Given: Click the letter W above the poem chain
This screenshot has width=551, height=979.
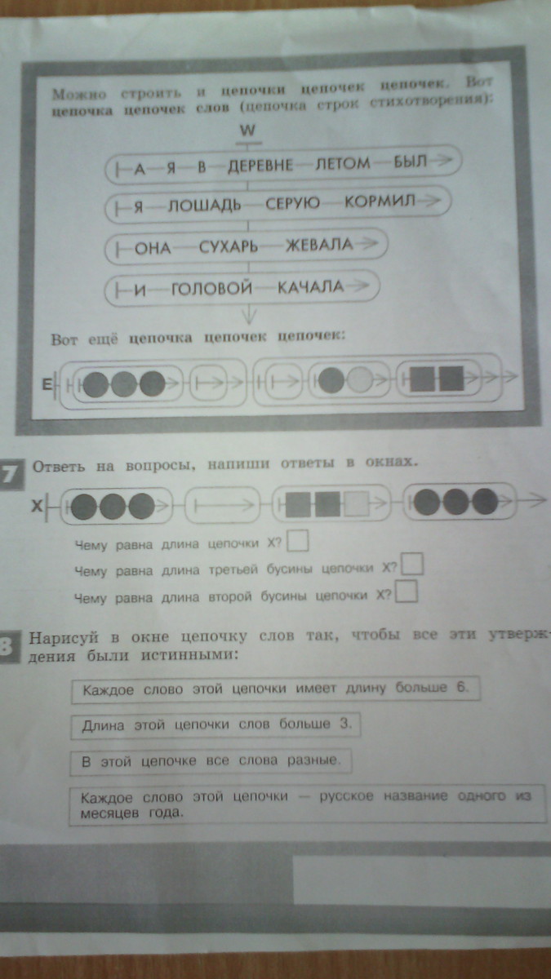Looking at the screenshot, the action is coord(247,131).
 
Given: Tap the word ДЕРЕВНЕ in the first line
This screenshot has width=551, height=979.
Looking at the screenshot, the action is coord(260,166).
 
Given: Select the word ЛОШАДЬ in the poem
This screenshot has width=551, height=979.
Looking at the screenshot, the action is coord(205,205).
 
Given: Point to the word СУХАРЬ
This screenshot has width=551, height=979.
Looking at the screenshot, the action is coord(229,247).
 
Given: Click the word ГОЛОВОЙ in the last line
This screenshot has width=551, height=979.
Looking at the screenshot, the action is coord(211,289).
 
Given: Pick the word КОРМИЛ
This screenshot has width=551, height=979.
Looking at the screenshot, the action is coord(380,201).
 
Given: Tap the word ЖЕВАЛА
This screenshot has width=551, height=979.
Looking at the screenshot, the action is coord(320,245).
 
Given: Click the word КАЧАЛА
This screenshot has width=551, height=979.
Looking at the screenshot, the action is coord(311,287).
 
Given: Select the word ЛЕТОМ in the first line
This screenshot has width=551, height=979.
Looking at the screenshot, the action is coord(343,164).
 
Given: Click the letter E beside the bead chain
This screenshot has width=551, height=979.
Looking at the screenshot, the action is coord(46,385).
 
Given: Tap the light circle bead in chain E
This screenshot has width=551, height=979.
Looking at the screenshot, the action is coord(359,380).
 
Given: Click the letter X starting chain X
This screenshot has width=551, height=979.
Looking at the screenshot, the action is coord(37,506).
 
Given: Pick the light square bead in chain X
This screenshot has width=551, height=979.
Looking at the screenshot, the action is coord(356,504).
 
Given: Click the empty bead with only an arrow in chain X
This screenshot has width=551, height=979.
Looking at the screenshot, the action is coord(223,506).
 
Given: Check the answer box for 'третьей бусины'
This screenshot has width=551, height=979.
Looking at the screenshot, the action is coord(412,564).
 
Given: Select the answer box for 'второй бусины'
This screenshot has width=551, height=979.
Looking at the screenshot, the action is coord(407,591).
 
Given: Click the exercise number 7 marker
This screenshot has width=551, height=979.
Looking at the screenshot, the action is coord(11,474).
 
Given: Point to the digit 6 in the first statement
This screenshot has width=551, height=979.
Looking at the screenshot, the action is coord(461,687).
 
